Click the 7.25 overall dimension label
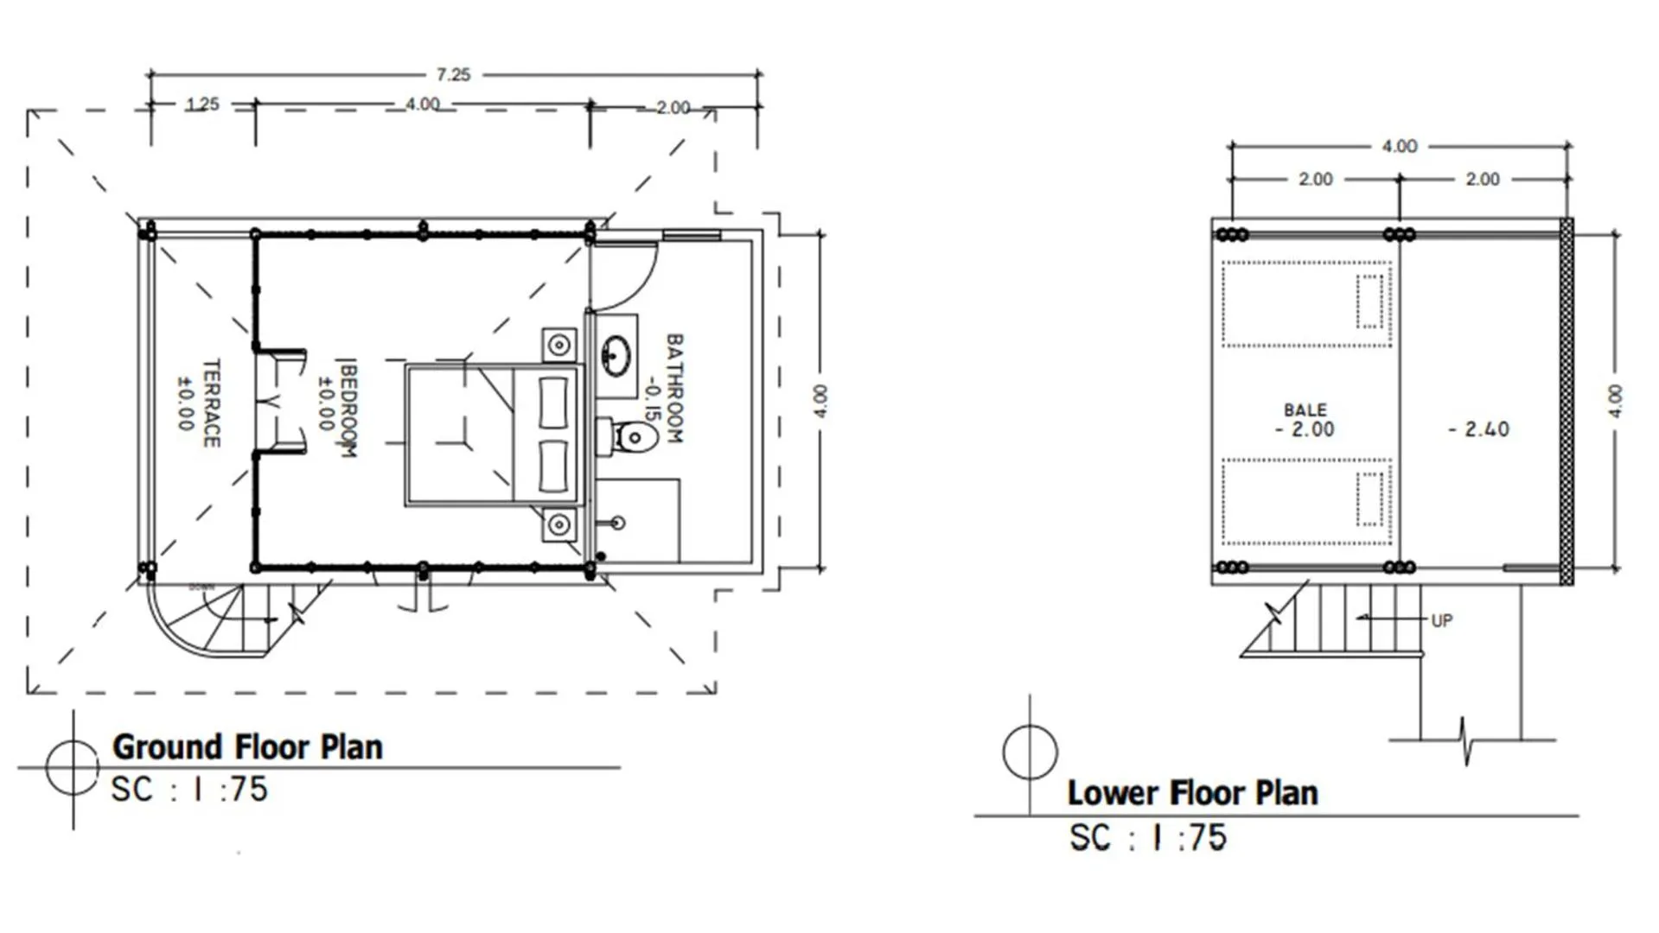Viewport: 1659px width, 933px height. click(x=453, y=75)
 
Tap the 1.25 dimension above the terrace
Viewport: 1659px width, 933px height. click(x=202, y=105)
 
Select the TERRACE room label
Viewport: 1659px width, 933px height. click(x=211, y=403)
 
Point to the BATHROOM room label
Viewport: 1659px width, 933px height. click(x=674, y=389)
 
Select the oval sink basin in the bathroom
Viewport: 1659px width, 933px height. click(x=616, y=355)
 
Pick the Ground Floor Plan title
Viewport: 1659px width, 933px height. click(x=247, y=747)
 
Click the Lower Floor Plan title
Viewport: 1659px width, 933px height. click(x=1192, y=793)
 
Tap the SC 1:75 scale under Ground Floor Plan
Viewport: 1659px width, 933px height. click(x=189, y=790)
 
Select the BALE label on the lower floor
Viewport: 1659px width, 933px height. click(x=1305, y=410)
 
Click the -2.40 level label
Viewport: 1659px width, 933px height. click(x=1478, y=429)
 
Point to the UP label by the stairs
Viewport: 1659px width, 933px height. click(x=1441, y=620)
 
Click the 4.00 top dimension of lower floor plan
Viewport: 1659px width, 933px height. click(x=1399, y=146)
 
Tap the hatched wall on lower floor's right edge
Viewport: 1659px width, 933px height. click(x=1566, y=402)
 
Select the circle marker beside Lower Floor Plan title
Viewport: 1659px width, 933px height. click(x=1030, y=752)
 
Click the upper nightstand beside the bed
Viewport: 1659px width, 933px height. click(x=559, y=346)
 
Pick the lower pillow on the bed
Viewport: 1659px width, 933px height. click(x=553, y=466)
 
